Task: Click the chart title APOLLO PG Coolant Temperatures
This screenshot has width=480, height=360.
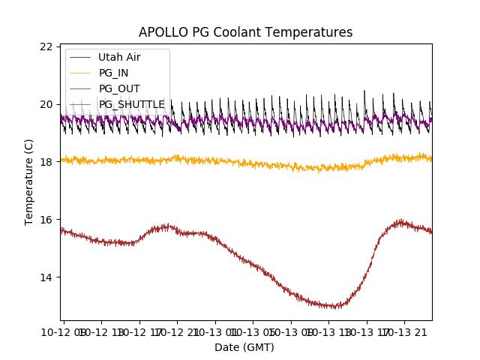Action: [x=245, y=32]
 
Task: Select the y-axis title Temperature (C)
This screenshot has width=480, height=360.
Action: [x=29, y=181]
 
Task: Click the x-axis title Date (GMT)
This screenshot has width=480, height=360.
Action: [x=244, y=347]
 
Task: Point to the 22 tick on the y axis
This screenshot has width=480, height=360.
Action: [x=46, y=46]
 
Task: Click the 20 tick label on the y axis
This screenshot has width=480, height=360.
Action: [x=46, y=104]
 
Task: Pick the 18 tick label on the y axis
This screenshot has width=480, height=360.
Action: [x=46, y=162]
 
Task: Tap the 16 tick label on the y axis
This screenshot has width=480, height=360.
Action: [x=46, y=220]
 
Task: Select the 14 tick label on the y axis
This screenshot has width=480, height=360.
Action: [x=46, y=277]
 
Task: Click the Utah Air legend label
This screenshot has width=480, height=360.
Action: [x=119, y=57]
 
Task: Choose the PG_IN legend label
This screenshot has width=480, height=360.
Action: [x=113, y=73]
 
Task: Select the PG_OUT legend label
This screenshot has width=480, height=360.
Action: [x=118, y=88]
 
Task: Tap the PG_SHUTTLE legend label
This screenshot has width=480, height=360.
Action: [x=132, y=104]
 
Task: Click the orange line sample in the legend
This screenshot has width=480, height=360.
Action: [x=80, y=73]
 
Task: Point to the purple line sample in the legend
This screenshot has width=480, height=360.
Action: [x=80, y=88]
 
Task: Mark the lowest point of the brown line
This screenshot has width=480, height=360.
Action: [x=337, y=306]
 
